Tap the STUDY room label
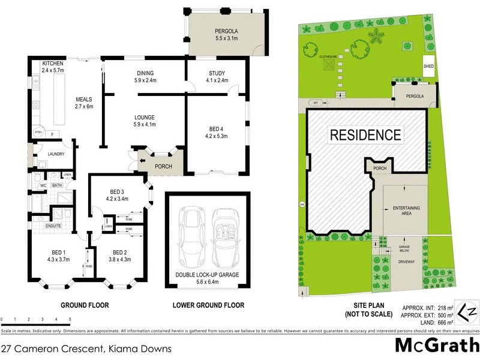point(216,73)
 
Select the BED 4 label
point(216,128)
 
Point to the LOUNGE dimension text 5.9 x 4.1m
point(143,125)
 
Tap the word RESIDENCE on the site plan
point(365,134)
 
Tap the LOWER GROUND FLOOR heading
point(208,305)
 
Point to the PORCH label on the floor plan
point(163,167)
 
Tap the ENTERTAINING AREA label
point(406,210)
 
